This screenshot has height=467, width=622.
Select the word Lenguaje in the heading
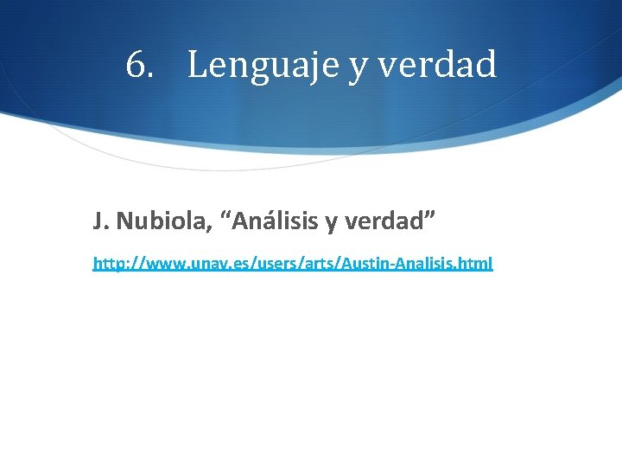point(263,66)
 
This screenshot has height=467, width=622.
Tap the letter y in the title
point(358,68)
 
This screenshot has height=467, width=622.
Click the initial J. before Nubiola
point(100,221)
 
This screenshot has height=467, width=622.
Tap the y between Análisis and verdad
point(332,224)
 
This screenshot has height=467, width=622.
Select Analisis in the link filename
point(419,263)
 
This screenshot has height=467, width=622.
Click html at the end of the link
point(474,263)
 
